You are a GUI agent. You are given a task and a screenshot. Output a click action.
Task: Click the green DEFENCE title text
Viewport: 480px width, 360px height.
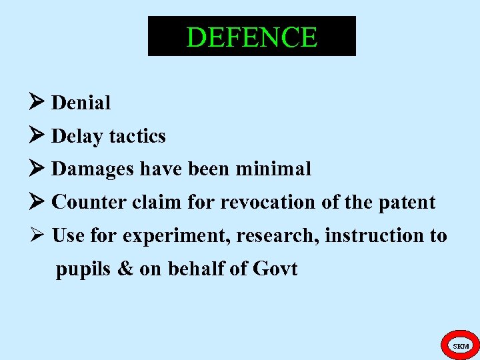(x=251, y=37)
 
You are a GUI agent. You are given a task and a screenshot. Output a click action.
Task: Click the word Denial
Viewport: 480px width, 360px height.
(x=81, y=103)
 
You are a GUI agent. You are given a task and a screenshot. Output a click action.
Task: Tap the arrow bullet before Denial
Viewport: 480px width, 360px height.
(x=38, y=102)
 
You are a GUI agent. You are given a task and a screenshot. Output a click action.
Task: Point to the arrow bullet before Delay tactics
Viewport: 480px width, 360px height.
(x=38, y=135)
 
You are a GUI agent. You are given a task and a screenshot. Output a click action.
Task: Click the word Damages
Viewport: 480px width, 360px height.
(x=93, y=169)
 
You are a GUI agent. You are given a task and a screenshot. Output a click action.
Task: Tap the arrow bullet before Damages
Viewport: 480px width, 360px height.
(x=38, y=169)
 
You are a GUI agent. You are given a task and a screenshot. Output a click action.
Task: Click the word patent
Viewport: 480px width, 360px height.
(x=407, y=202)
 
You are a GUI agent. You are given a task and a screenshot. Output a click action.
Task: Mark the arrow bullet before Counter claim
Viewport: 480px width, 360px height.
(x=38, y=201)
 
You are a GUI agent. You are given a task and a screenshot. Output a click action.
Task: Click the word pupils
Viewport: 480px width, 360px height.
(x=77, y=270)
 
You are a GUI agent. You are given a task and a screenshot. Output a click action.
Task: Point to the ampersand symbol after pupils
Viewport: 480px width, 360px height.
(x=117, y=269)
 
